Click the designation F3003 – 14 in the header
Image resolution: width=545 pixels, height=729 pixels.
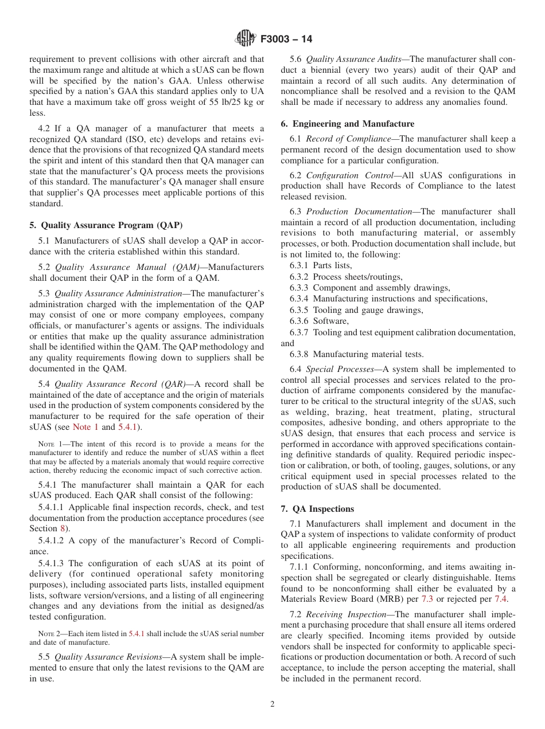click(x=286, y=40)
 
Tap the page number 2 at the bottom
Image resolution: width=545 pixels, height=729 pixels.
click(x=272, y=704)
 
